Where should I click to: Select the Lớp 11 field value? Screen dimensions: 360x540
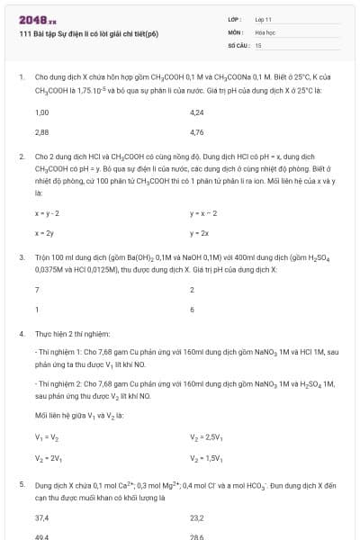tap(263, 18)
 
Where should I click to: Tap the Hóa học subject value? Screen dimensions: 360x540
tap(265, 31)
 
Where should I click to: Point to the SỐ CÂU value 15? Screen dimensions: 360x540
tap(258, 44)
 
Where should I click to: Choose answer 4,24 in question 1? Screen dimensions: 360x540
tap(198, 113)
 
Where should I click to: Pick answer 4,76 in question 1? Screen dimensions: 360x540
tap(198, 131)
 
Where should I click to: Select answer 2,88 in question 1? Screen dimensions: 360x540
tap(41, 131)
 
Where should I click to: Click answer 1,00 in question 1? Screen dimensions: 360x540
tap(41, 113)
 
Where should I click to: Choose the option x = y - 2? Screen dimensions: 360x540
tap(47, 213)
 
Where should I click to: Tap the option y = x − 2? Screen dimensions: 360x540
tap(204, 213)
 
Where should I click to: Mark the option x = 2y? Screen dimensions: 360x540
tap(44, 233)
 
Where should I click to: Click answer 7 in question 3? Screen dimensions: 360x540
tap(37, 290)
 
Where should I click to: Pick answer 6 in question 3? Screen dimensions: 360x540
tap(193, 309)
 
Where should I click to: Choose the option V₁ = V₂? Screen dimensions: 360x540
tap(47, 437)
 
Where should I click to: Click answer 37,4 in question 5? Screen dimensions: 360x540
tap(41, 517)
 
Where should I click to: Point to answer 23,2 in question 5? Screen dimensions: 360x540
tap(198, 517)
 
